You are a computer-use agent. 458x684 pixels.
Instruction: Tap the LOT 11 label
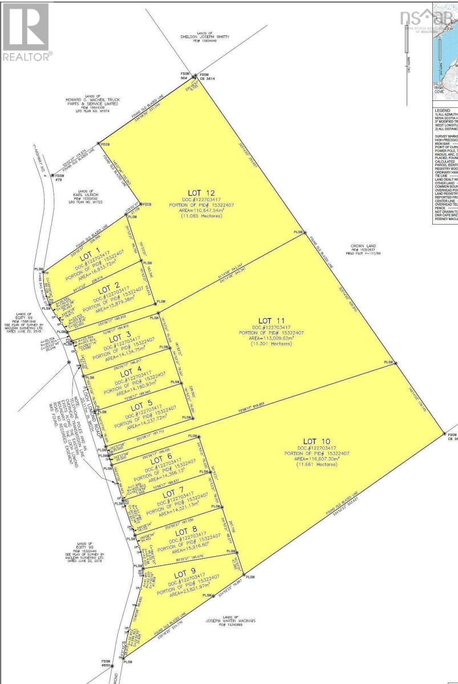pyautogui.click(x=271, y=320)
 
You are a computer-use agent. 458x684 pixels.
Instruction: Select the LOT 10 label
pyautogui.click(x=317, y=441)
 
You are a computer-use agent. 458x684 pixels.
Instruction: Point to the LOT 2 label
pyautogui.click(x=108, y=290)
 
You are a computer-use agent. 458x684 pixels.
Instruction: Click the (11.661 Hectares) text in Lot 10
pyautogui.click(x=317, y=465)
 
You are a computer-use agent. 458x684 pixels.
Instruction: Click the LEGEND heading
pyautogui.click(x=443, y=110)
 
